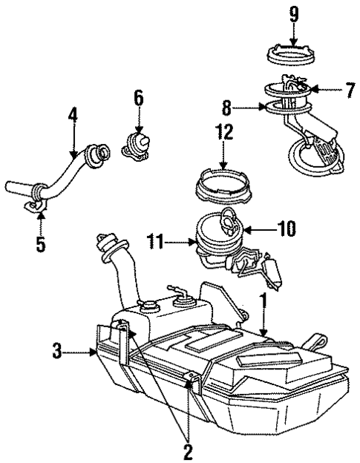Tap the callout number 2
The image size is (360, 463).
pos(188,449)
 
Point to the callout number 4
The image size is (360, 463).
pos(73,117)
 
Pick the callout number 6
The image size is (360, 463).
pos(138,96)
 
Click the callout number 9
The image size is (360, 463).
pos(294,13)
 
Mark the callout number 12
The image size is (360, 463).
pos(224,133)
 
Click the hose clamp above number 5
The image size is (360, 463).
pos(34,201)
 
